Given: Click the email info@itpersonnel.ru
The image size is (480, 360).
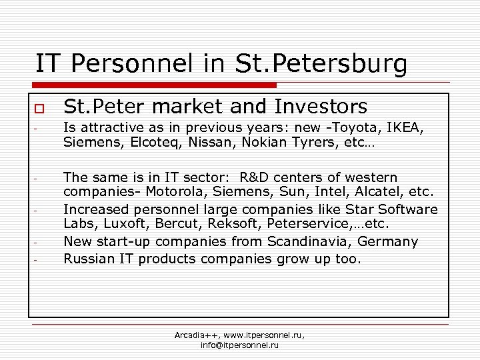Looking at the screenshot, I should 239,345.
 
